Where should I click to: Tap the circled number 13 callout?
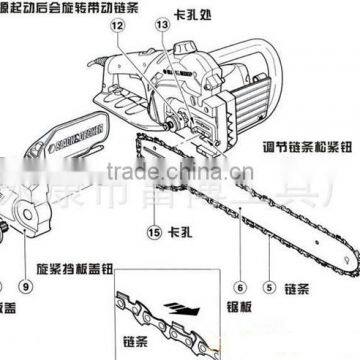(163, 26)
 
